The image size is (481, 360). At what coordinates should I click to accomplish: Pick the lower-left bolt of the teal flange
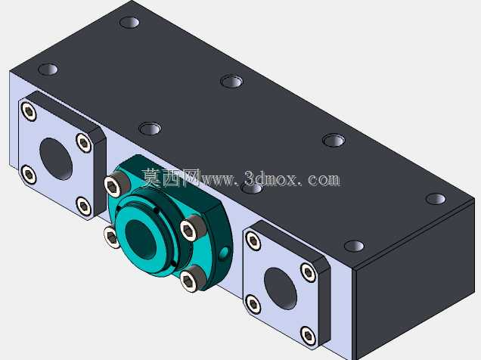(x=111, y=237)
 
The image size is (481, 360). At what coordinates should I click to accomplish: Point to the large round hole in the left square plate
(x=56, y=159)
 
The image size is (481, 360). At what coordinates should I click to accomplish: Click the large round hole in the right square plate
(x=281, y=289)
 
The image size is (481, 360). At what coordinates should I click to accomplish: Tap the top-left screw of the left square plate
(x=29, y=112)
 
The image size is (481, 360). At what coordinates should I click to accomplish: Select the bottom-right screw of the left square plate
(x=83, y=206)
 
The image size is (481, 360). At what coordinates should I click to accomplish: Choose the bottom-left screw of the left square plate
(x=29, y=175)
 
